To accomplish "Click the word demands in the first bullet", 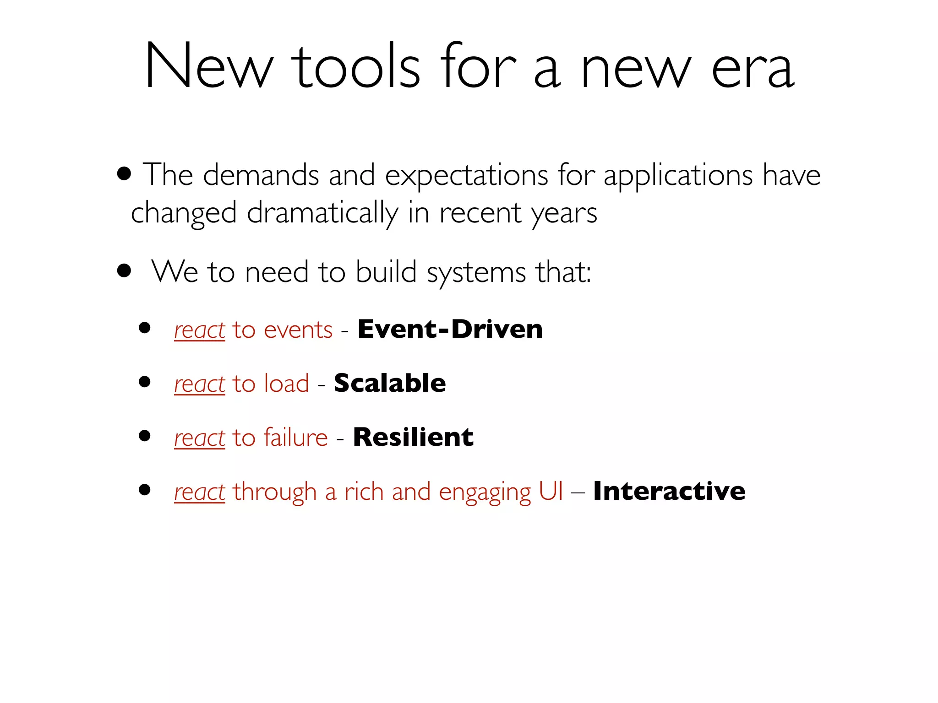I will coord(261,175).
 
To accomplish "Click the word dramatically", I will coord(322,214).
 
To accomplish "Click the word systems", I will coord(476,273).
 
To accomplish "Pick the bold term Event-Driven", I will coord(450,329).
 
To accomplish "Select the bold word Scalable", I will coord(390,383).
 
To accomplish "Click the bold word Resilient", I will coord(413,437).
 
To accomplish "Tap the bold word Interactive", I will coord(669,491).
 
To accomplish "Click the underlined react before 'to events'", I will coord(200,330).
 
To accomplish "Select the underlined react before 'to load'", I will coord(200,384).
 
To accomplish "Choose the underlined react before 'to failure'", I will coord(200,438).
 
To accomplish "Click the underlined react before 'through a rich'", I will coord(200,492).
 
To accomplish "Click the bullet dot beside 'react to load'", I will coord(145,382).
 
